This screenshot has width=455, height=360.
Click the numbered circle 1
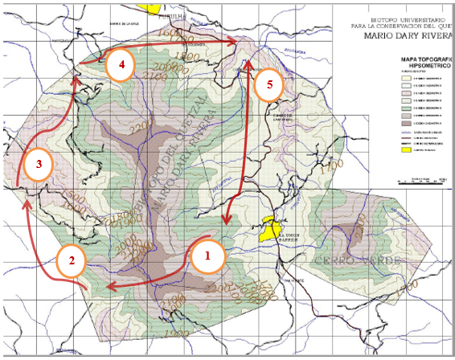click(207, 257)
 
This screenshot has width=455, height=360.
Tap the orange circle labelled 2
click(72, 260)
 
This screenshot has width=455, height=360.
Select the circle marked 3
click(38, 165)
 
